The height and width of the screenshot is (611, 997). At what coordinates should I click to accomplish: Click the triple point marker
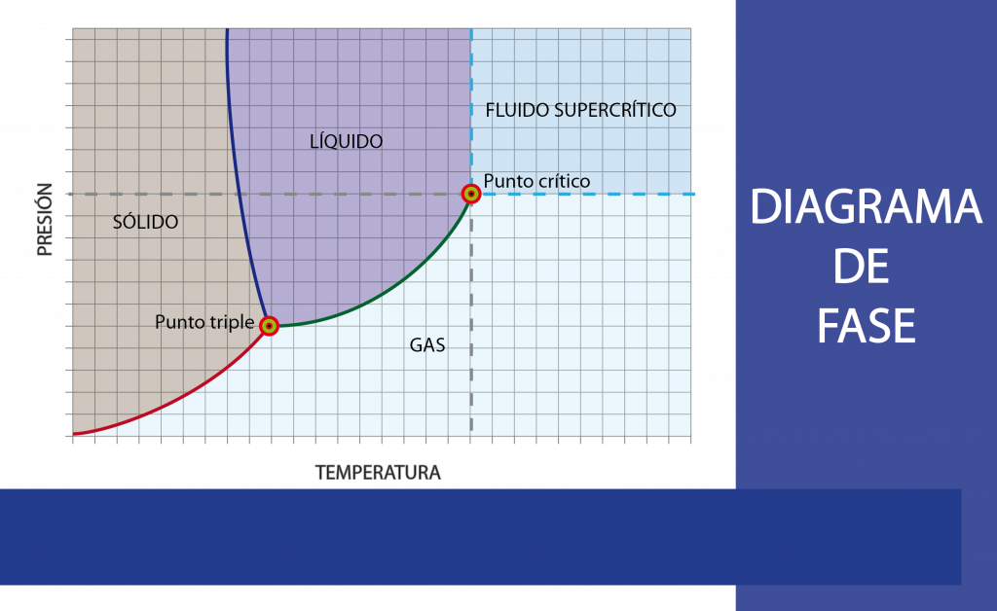(269, 326)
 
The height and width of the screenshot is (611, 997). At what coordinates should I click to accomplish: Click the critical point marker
(471, 194)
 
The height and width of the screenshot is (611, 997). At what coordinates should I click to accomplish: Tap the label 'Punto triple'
(204, 322)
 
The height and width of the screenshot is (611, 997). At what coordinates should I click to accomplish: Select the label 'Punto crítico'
(536, 181)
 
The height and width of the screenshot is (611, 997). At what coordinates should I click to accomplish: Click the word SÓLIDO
(145, 222)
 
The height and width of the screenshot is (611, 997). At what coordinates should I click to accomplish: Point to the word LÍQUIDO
(346, 141)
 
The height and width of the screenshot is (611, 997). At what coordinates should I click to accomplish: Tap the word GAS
(427, 343)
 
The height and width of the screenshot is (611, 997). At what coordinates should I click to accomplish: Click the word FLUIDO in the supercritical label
(517, 109)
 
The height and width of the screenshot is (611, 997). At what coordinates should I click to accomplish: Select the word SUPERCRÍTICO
(614, 109)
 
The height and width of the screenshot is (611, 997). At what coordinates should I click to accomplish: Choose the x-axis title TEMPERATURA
(378, 473)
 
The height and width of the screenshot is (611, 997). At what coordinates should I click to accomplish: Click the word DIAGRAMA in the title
(866, 208)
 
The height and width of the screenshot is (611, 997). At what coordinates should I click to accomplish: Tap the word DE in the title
(863, 267)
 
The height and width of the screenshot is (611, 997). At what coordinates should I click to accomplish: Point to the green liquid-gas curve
(389, 291)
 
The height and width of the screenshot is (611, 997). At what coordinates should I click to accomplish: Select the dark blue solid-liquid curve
(238, 195)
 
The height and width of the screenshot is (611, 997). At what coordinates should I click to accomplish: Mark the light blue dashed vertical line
(471, 107)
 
